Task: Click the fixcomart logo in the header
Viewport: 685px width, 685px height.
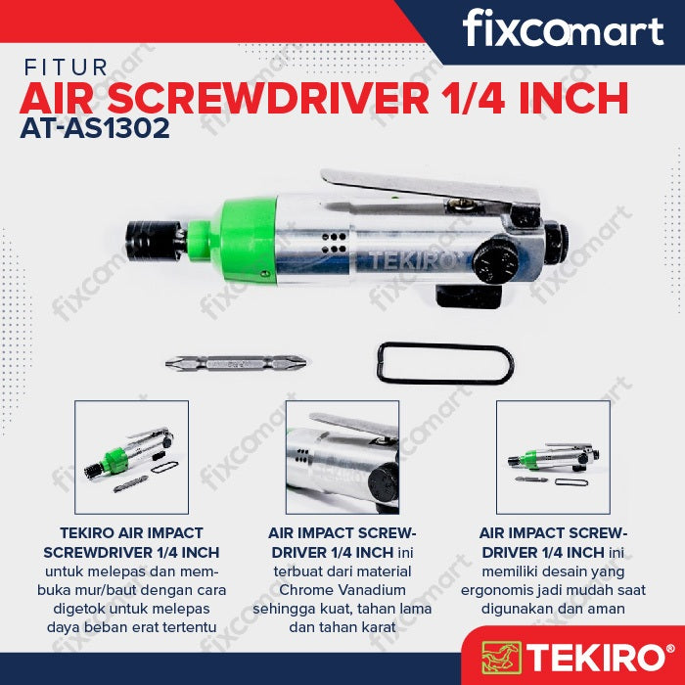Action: tap(563, 28)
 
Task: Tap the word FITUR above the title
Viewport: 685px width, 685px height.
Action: tap(66, 68)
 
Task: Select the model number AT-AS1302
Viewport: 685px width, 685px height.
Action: tap(95, 128)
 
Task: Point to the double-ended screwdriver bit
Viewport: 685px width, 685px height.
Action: tap(236, 363)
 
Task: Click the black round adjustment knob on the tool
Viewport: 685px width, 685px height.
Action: tap(496, 261)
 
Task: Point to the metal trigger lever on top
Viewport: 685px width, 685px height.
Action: tap(431, 187)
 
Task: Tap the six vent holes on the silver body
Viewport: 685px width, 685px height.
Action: tap(334, 243)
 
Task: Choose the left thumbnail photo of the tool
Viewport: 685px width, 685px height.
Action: tap(131, 457)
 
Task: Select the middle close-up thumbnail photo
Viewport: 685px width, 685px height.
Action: tap(342, 457)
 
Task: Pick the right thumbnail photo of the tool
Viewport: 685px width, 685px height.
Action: tap(553, 457)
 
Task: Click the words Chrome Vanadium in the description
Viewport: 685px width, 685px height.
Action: tap(342, 590)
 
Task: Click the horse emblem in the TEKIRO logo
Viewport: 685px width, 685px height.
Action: tap(501, 657)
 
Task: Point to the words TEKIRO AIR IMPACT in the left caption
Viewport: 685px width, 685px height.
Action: tap(131, 533)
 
